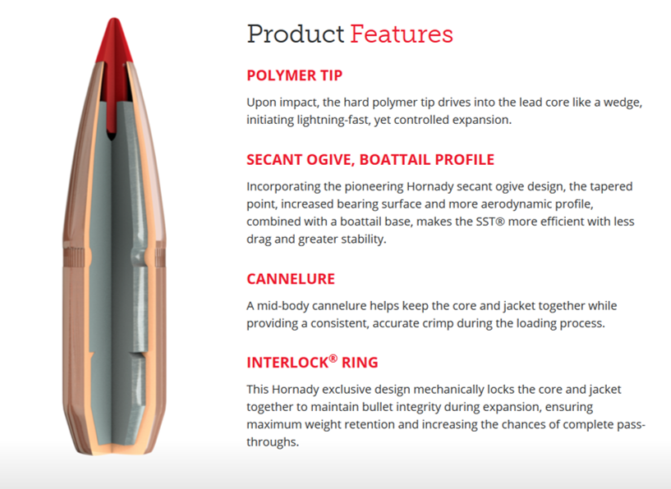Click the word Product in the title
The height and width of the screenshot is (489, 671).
coord(296,34)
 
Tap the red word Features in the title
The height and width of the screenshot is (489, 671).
coord(402,34)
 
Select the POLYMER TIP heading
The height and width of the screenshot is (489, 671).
coord(294,75)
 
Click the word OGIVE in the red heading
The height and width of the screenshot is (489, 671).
coord(329,159)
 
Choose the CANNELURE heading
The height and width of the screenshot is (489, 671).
coord(291,279)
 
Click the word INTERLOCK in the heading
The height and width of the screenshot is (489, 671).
coord(287,363)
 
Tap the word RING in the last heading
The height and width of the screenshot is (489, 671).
coord(360,363)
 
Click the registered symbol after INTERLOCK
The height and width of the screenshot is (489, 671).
coord(333,359)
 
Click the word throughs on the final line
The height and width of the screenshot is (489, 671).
coord(272,442)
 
